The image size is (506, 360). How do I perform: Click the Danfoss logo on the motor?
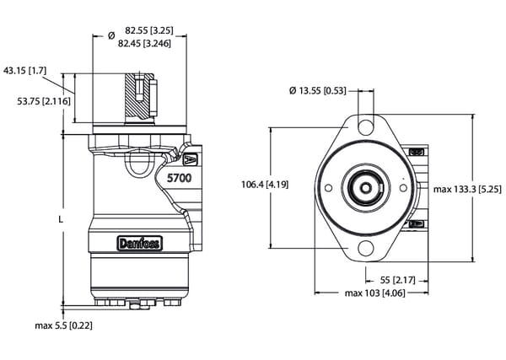(139, 244)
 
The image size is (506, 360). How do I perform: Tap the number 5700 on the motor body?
(179, 179)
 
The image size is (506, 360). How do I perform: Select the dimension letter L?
(60, 218)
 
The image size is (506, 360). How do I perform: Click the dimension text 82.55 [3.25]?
(143, 30)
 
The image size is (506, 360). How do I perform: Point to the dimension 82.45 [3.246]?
(145, 42)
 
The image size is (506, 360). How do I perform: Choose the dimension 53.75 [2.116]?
(45, 100)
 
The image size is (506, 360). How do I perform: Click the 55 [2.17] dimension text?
(390, 278)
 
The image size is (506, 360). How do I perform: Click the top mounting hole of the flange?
(365, 126)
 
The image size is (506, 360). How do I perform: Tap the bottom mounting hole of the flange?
(365, 250)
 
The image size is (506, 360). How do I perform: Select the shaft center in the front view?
(365, 187)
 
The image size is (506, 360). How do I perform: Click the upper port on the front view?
(416, 152)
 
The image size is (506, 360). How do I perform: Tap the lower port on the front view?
(416, 223)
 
